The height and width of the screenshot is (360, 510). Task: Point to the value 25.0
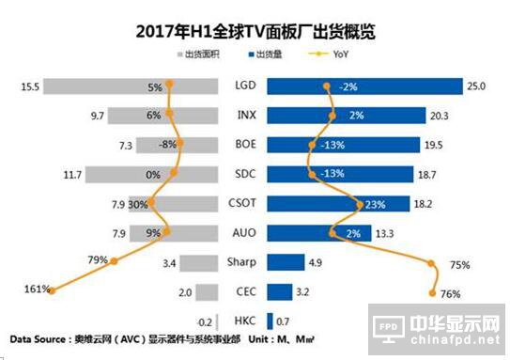point(476,87)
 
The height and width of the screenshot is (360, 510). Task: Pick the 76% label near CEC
point(450,294)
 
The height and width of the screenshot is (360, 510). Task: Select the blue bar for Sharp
point(286,262)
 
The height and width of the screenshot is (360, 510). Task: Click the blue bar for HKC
point(270,321)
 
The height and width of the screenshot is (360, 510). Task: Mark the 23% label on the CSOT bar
point(363,204)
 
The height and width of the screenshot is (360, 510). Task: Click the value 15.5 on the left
point(30,87)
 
